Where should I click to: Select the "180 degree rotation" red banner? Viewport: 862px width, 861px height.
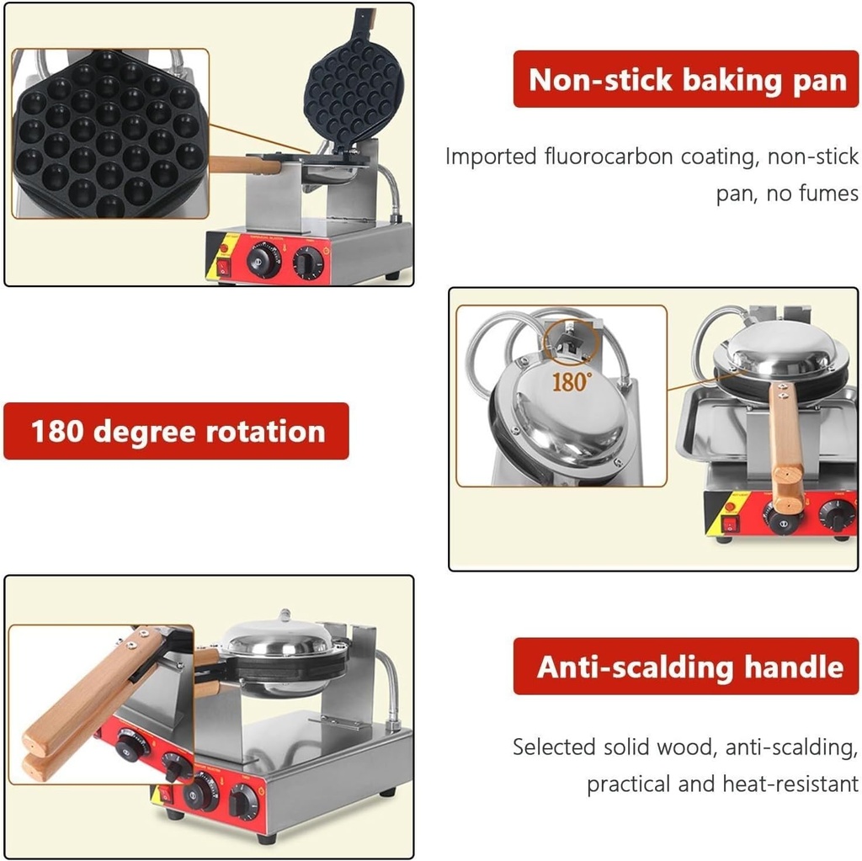tap(176, 431)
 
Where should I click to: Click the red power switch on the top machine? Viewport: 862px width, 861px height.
tap(225, 268)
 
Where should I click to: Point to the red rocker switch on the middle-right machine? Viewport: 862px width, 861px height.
tap(730, 524)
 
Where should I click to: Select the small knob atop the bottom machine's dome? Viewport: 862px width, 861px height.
tap(284, 615)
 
